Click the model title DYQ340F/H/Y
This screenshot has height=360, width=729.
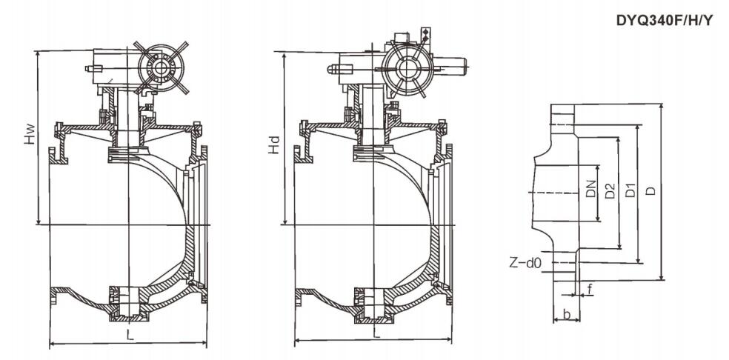point(664,20)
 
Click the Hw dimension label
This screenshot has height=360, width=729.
point(30,133)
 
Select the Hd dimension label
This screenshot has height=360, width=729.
point(276,144)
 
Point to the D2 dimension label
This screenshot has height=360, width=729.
point(610,191)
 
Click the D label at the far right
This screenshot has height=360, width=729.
point(652,190)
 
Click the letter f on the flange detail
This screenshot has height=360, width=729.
point(590,290)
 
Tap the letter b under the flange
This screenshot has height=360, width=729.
point(566,314)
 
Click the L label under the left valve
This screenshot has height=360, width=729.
point(130,335)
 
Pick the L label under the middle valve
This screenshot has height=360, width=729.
point(376,333)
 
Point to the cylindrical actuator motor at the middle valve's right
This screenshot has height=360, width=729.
point(450,66)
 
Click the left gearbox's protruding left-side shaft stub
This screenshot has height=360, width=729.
point(93,69)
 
